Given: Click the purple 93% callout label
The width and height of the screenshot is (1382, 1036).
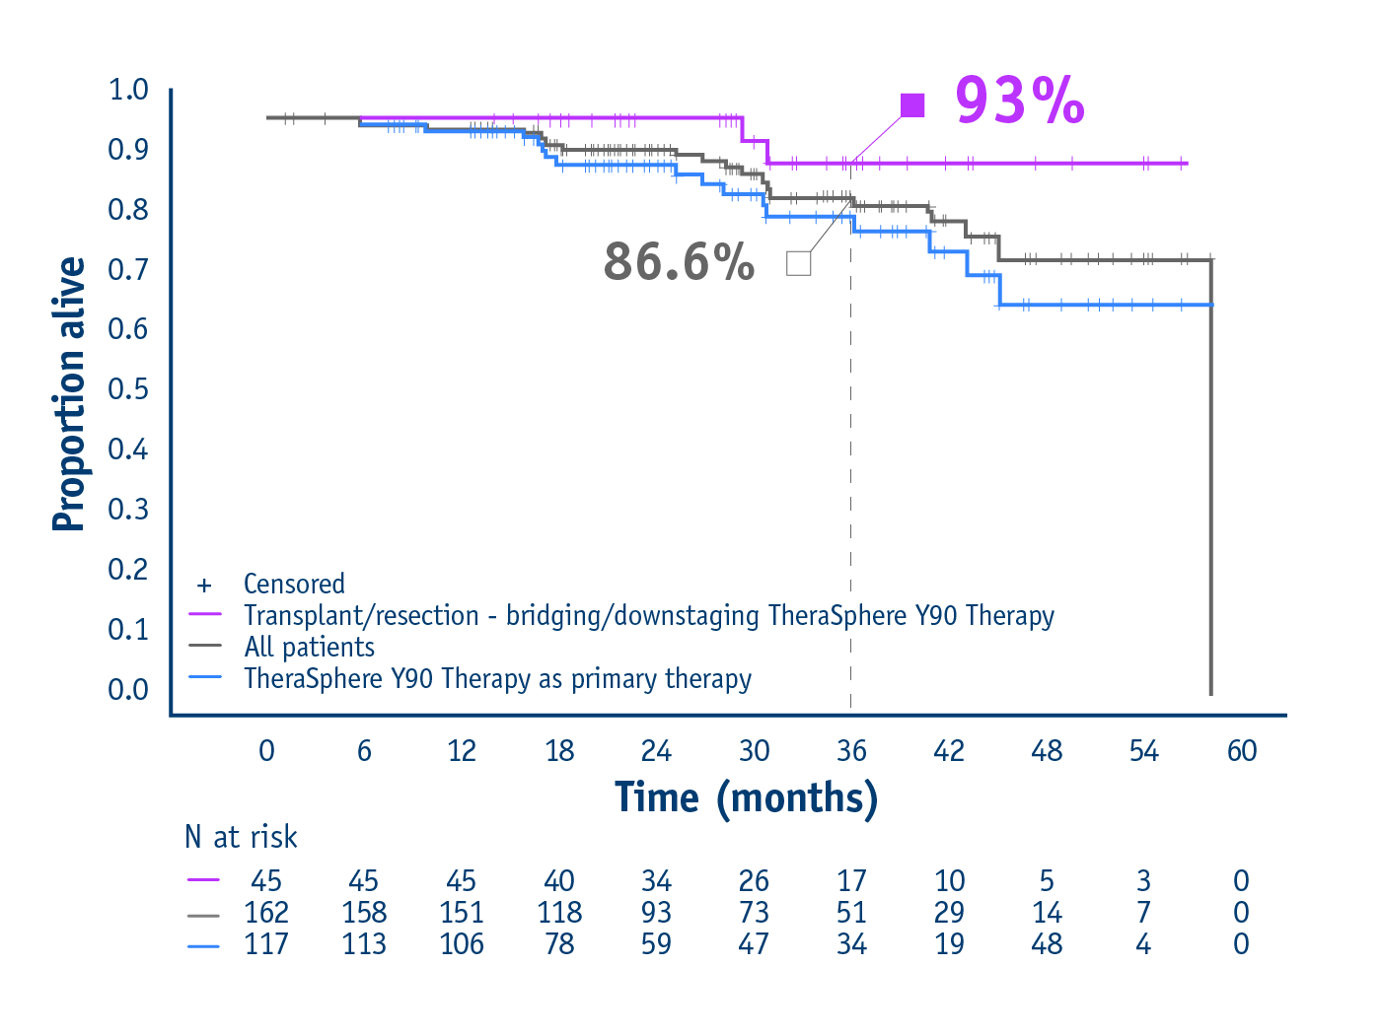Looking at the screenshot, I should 1019,101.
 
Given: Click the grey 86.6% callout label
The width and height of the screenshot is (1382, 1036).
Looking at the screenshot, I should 679,262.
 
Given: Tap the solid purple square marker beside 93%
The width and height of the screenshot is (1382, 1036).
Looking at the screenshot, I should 912,105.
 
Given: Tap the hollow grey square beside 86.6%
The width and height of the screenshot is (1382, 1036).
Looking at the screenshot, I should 798,263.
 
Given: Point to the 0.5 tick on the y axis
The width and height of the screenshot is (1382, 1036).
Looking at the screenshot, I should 128,389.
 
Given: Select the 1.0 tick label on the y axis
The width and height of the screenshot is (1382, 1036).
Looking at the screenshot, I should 128,90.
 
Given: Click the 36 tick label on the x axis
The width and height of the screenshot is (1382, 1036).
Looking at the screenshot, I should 851,751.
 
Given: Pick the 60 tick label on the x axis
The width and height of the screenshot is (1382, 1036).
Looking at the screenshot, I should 1241,751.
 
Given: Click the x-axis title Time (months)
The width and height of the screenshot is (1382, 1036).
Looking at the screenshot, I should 746,797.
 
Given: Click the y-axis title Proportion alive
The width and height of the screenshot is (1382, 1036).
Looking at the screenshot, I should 69,394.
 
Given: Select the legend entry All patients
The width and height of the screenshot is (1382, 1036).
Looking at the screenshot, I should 310,648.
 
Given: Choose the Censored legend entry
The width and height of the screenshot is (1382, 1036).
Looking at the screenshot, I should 294,585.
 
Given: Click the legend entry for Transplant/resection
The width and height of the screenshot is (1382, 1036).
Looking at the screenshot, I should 648,616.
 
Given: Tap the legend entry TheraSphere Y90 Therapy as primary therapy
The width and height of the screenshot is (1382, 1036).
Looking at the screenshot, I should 497,679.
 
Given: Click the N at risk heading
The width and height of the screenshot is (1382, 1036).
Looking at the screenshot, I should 241,837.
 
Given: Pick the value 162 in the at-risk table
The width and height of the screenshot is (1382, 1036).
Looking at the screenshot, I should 266,913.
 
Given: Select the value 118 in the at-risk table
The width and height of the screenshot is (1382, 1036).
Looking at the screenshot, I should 559,913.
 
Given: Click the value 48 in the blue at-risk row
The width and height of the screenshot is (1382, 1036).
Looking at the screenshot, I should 1047,944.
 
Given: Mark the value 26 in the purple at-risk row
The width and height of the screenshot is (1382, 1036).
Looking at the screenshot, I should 754,880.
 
